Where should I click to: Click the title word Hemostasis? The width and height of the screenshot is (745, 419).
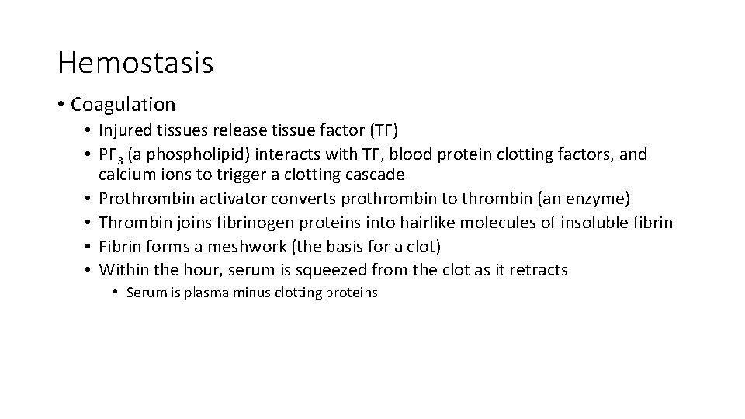[x=135, y=63]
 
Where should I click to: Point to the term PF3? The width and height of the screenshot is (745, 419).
[x=115, y=154]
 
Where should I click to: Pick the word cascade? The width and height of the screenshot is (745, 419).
[x=376, y=175]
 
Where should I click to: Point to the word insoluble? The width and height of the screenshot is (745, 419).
[x=593, y=223]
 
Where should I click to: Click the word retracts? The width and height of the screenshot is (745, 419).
[x=539, y=270]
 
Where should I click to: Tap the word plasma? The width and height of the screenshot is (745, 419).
[x=207, y=293]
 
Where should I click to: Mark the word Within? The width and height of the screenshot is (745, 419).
[x=126, y=270]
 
